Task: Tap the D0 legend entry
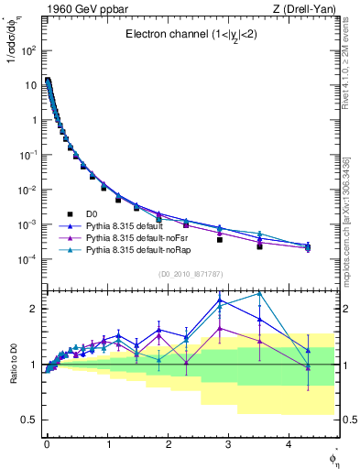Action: pyautogui.click(x=92, y=213)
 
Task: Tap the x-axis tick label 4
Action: pyautogui.click(x=289, y=443)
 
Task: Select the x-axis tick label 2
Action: pyautogui.click(x=168, y=443)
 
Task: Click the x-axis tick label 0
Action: pyautogui.click(x=47, y=443)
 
